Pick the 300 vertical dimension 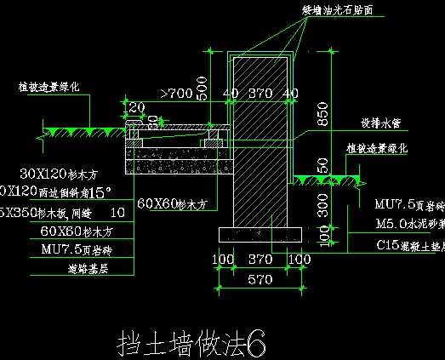point(323,204)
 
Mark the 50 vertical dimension point(322,164)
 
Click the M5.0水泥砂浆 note point(409,225)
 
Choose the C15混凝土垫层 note point(409,245)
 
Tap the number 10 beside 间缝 point(117,211)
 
